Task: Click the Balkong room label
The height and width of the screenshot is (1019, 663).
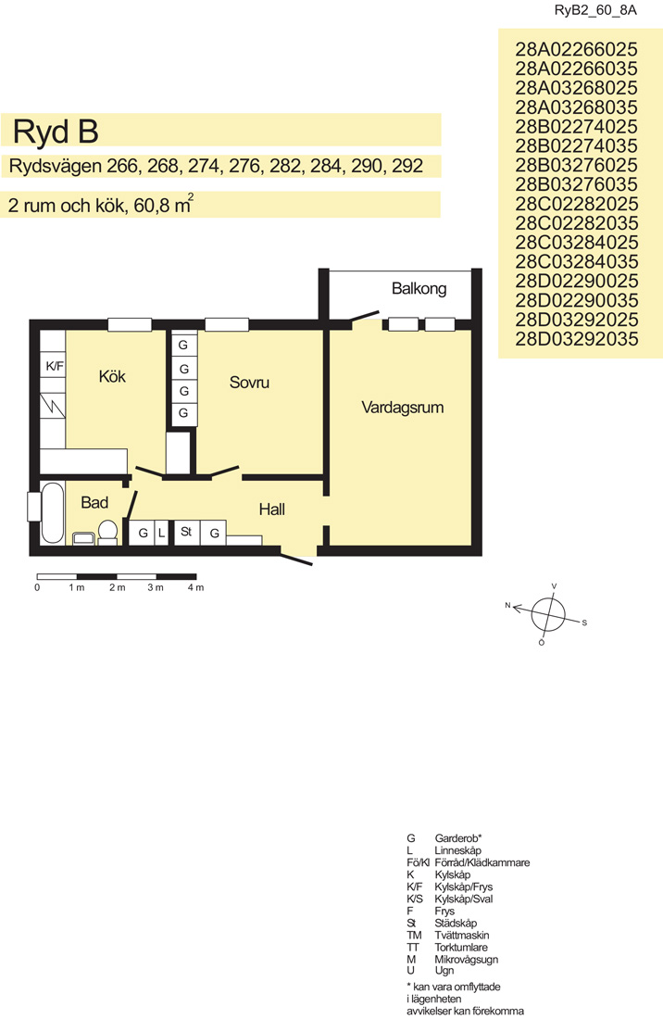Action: pos(419,288)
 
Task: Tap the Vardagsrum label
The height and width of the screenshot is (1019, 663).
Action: pos(403,409)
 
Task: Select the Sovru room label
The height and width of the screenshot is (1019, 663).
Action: pos(249,382)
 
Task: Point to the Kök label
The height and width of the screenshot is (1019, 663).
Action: pos(112,376)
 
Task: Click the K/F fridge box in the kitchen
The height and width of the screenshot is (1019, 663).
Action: pos(54,366)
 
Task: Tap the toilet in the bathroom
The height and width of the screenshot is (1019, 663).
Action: pos(107,532)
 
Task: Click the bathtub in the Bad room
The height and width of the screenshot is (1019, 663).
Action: pos(52,513)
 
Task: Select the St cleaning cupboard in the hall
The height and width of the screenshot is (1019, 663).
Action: pos(187,533)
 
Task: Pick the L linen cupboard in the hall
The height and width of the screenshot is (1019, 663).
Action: pos(162,533)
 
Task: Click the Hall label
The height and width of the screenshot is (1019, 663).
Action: pos(271,509)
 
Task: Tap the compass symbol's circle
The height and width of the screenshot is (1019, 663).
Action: pos(549,614)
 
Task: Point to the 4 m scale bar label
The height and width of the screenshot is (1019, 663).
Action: pos(195,587)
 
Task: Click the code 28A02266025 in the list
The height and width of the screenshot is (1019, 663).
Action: pos(577,49)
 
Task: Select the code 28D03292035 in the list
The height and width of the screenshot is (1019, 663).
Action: pos(577,338)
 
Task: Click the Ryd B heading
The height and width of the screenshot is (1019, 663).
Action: pos(56,132)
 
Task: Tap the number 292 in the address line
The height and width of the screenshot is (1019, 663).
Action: pos(407,167)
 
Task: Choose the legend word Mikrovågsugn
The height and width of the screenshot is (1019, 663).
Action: pos(467,959)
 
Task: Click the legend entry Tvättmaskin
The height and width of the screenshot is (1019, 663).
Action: pos(462,936)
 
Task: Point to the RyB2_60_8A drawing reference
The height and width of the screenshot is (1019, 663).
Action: pos(595,10)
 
